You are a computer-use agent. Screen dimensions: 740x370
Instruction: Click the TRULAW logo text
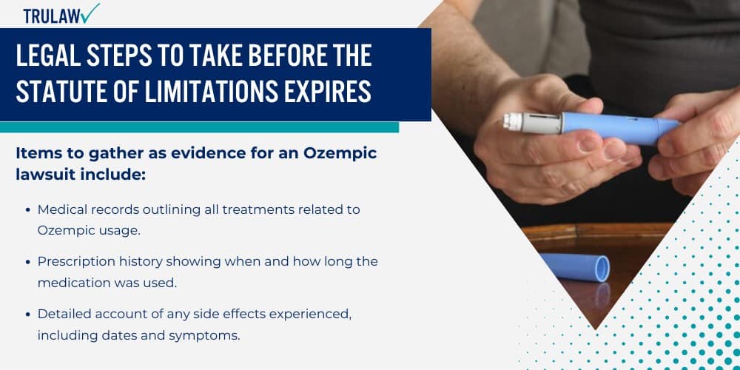pos(52,16)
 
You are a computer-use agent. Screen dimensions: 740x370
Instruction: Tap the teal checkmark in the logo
pos(90,13)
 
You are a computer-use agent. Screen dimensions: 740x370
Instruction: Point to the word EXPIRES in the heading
pos(328,92)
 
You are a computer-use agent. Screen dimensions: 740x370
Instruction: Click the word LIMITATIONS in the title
pos(211,92)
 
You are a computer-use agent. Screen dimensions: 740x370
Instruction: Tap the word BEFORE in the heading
pos(285,56)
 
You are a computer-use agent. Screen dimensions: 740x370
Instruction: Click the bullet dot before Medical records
pos(28,210)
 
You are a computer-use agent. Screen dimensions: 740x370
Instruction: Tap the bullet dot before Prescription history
pos(28,262)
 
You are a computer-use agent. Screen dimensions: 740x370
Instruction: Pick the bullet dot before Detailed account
pos(28,314)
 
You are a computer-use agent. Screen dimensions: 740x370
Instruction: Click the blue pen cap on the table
pos(574,266)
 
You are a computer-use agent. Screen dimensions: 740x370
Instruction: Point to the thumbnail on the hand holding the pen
pos(591,144)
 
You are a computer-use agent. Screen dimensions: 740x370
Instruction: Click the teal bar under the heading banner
pos(199,127)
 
